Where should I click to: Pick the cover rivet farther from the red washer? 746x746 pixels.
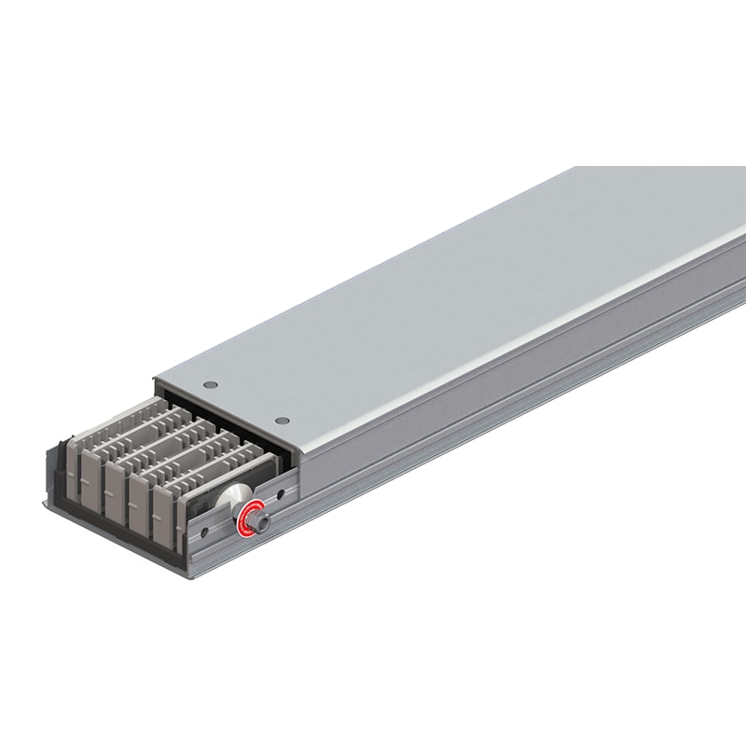click(211, 383)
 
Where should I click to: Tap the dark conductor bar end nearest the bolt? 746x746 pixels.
click(167, 508)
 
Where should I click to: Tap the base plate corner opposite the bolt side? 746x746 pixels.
click(45, 504)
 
